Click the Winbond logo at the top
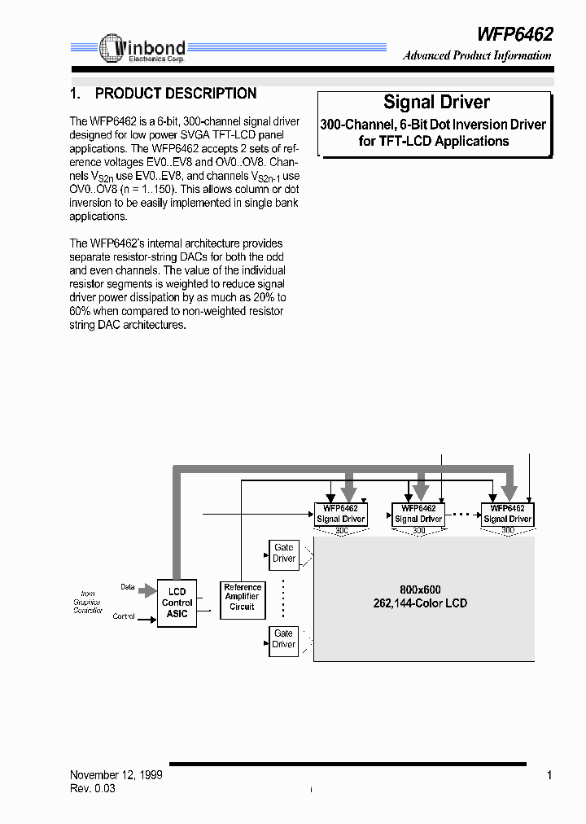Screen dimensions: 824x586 [x=142, y=49]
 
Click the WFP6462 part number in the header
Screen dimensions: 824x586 [x=514, y=33]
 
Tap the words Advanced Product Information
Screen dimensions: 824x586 [x=477, y=56]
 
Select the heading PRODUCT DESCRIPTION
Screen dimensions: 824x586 [x=176, y=94]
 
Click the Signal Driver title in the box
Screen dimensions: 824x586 [x=436, y=103]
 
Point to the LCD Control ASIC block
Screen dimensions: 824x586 [x=177, y=603]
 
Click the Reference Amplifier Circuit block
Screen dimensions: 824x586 [x=243, y=597]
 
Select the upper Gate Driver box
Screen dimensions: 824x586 [x=284, y=554]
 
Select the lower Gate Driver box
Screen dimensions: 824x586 [x=284, y=639]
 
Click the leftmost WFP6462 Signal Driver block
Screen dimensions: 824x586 [x=341, y=514]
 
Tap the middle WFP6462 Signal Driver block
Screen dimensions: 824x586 [x=419, y=514]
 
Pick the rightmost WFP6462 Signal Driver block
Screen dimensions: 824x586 [x=508, y=514]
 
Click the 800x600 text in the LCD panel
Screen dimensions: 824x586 [x=420, y=590]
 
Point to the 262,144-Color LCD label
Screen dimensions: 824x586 [x=420, y=603]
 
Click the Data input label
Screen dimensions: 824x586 [x=128, y=587]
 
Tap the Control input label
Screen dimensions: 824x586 [x=124, y=616]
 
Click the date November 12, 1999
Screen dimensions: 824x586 [x=116, y=775]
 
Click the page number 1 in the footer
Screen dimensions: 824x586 [x=549, y=775]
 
